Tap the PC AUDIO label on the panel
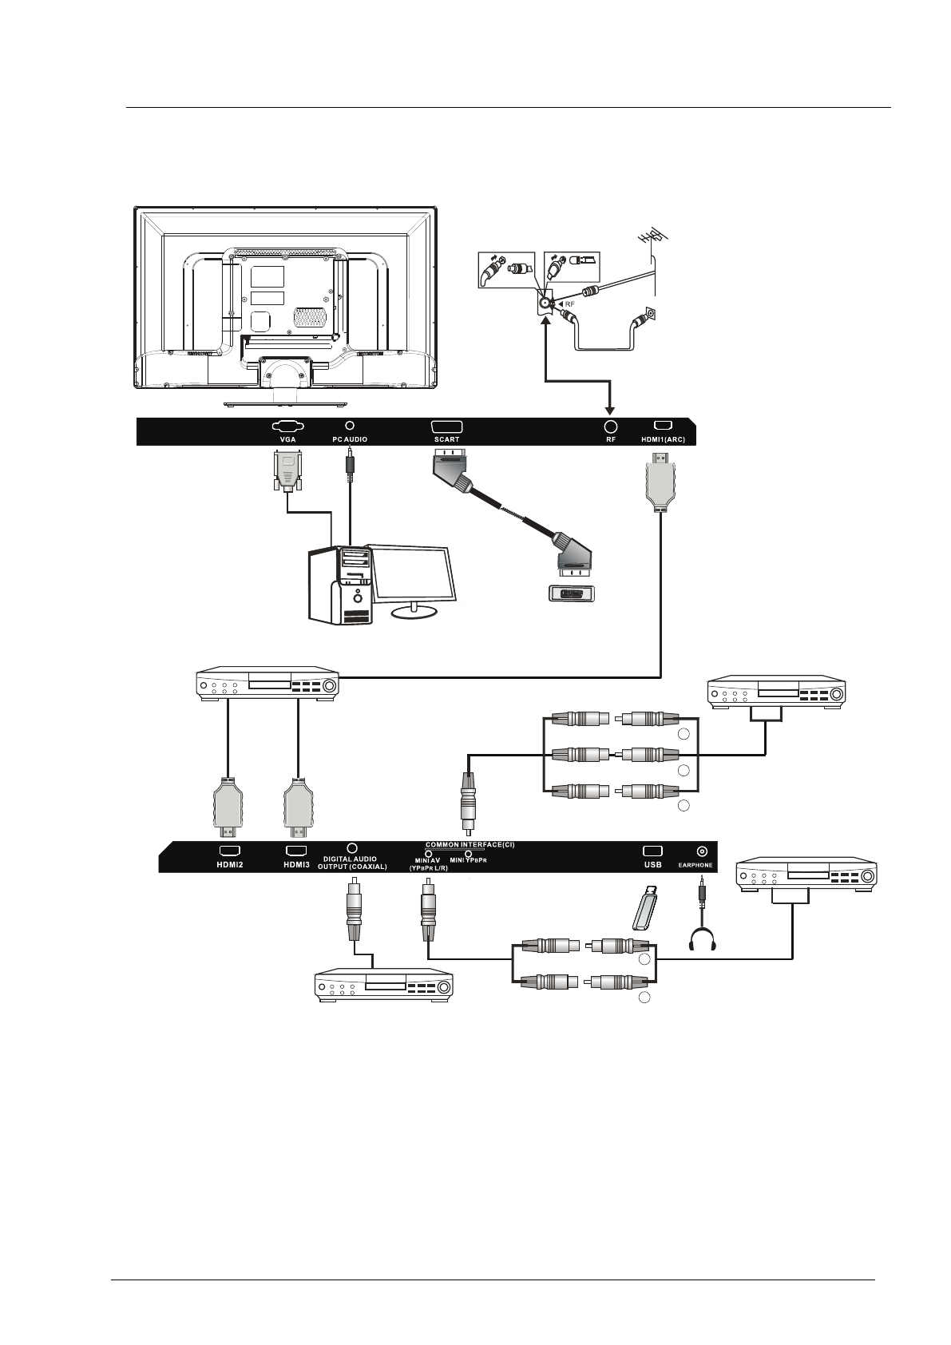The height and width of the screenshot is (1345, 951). point(349,439)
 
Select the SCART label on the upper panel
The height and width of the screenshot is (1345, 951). point(446,439)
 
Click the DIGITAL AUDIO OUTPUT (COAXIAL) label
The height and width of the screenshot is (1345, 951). point(358,863)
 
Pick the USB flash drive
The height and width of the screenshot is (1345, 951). point(645,909)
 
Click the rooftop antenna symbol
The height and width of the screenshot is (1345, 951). point(652,237)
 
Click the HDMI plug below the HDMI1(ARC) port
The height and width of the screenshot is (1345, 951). point(660,482)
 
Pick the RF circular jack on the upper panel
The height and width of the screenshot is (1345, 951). point(611,427)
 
